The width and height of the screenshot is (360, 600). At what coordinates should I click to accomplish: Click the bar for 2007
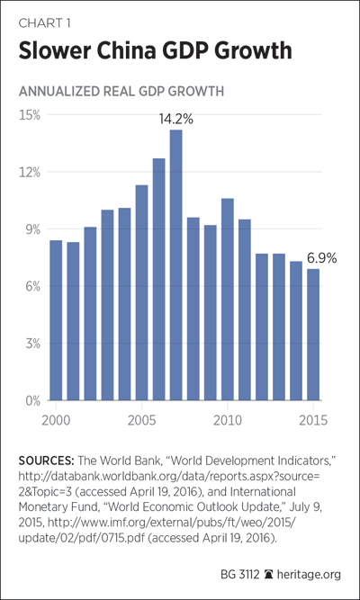pyautogui.click(x=175, y=265)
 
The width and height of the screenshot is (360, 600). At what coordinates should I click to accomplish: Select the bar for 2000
pyautogui.click(x=56, y=320)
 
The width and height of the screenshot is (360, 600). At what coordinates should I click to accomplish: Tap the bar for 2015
pyautogui.click(x=313, y=335)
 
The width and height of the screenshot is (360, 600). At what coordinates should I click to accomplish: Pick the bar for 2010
pyautogui.click(x=228, y=300)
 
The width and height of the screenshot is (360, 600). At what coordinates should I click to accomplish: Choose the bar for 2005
pyautogui.click(x=141, y=292)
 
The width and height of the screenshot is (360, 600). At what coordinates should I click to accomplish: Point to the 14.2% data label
pyautogui.click(x=176, y=120)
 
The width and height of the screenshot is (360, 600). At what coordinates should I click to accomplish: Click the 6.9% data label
pyautogui.click(x=321, y=259)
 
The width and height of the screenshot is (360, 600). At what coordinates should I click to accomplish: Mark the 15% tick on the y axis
pyautogui.click(x=30, y=115)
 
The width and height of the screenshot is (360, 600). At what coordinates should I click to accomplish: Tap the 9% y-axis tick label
pyautogui.click(x=31, y=229)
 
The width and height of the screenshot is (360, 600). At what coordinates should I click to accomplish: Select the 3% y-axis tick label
pyautogui.click(x=31, y=344)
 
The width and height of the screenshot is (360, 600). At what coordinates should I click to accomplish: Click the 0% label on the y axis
pyautogui.click(x=31, y=401)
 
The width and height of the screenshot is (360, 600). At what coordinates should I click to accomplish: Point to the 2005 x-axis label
pyautogui.click(x=142, y=420)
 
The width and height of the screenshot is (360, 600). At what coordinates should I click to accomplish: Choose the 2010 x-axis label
pyautogui.click(x=228, y=420)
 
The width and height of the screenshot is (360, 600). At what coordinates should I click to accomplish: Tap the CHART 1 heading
pyautogui.click(x=44, y=23)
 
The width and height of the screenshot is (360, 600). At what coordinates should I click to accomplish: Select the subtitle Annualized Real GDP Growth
pyautogui.click(x=121, y=92)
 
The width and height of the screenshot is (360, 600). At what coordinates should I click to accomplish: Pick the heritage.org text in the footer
pyautogui.click(x=309, y=574)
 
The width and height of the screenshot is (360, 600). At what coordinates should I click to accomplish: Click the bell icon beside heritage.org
pyautogui.click(x=268, y=574)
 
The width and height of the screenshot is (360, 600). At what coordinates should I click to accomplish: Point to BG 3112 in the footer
pyautogui.click(x=240, y=574)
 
